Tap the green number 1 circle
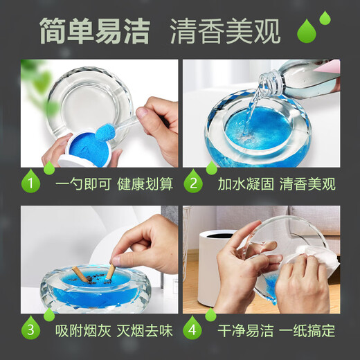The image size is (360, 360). (30, 183)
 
